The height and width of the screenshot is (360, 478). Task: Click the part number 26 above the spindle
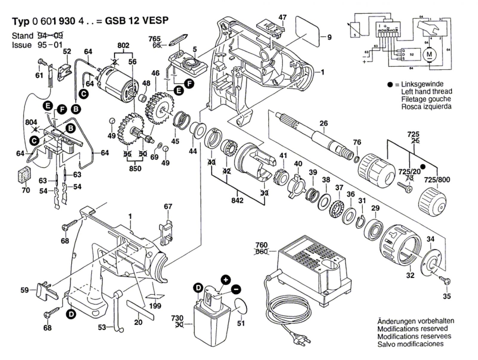pos(324,123)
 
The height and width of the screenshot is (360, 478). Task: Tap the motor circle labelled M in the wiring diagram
pos(429,54)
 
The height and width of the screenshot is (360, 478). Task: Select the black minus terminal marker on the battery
pos(236,289)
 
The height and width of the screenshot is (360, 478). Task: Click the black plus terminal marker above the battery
pos(226,280)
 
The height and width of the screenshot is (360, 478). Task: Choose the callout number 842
pos(238,200)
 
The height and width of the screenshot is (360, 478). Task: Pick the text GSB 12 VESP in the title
pos(137,21)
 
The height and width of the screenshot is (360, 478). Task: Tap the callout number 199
pos(155,306)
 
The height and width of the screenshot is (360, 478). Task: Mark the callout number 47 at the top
pos(283,17)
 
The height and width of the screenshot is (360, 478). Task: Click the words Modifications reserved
pos(412,329)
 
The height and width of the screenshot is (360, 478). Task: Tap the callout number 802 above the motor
pos(123,46)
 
